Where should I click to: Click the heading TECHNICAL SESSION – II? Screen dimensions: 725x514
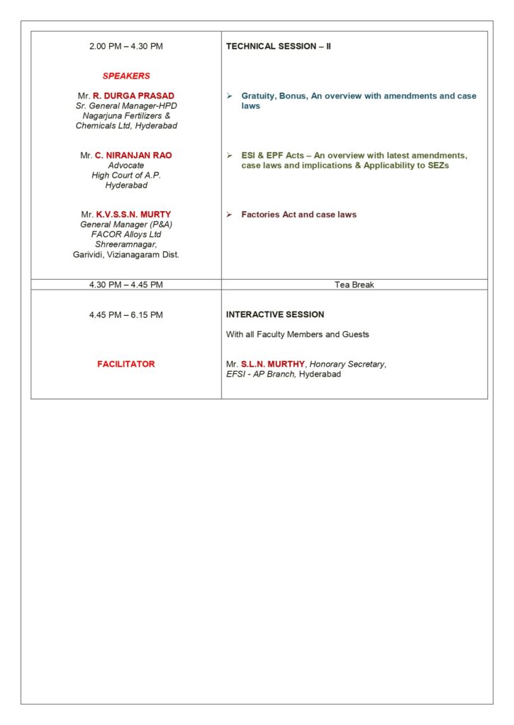(x=279, y=47)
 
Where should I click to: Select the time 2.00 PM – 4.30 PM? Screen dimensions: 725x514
(x=126, y=47)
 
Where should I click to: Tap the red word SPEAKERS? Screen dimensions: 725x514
(x=126, y=76)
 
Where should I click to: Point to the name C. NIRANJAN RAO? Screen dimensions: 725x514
(x=133, y=155)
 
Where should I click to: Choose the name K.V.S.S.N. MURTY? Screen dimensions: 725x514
(x=133, y=215)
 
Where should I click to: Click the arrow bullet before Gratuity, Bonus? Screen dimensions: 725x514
(x=230, y=96)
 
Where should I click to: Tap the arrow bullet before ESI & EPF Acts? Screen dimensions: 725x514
(x=230, y=155)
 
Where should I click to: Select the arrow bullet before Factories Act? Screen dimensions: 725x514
(x=230, y=215)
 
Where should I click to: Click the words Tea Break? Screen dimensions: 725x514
(x=354, y=285)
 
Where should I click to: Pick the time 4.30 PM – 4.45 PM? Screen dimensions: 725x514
(x=126, y=285)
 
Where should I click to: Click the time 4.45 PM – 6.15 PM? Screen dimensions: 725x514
(x=126, y=315)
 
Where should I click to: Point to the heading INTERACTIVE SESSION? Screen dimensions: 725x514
(x=275, y=314)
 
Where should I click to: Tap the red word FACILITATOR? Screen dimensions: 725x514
(x=126, y=364)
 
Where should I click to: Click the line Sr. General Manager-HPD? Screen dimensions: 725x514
(x=126, y=105)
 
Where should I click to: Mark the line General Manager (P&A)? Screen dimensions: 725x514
(x=126, y=224)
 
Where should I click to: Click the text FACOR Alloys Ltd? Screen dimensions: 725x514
(x=126, y=234)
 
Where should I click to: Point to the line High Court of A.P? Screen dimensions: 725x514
(x=126, y=175)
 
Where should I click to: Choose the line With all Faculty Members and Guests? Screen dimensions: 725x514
(x=298, y=334)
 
